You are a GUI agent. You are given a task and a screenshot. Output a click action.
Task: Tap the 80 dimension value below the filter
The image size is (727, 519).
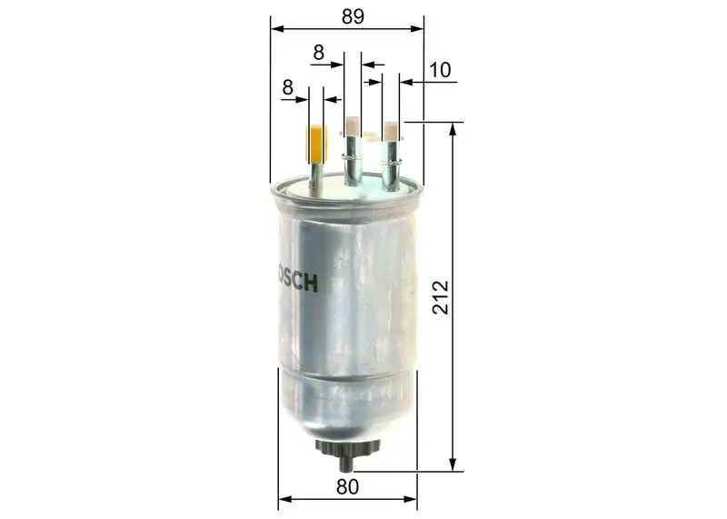(x=346, y=486)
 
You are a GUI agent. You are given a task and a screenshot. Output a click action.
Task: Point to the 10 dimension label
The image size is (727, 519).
(x=440, y=69)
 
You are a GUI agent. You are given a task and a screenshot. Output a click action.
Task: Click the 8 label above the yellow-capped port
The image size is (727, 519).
(x=288, y=87)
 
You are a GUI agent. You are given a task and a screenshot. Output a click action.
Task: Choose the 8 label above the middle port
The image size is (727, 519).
(x=318, y=53)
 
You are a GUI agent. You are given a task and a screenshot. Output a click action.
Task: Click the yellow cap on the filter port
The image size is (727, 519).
(x=316, y=142)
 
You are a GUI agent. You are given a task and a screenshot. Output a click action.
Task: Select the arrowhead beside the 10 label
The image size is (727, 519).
(x=406, y=83)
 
